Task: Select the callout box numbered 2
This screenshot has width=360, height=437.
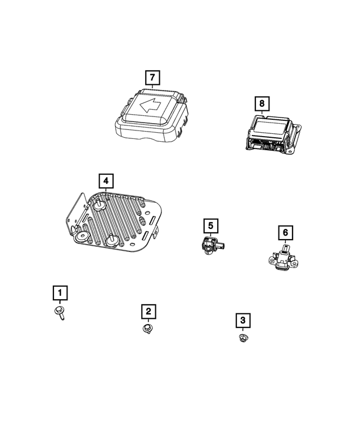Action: (148, 311)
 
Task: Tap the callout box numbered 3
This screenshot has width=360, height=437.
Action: (243, 320)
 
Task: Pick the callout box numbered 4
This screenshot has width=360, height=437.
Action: (105, 181)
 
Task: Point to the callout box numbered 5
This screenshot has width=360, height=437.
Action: (210, 226)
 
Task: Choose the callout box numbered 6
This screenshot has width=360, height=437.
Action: (285, 232)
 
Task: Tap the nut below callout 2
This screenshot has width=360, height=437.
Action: (148, 327)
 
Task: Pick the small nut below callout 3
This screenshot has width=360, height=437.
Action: (243, 338)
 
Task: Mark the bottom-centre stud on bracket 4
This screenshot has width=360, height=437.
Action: (113, 240)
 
